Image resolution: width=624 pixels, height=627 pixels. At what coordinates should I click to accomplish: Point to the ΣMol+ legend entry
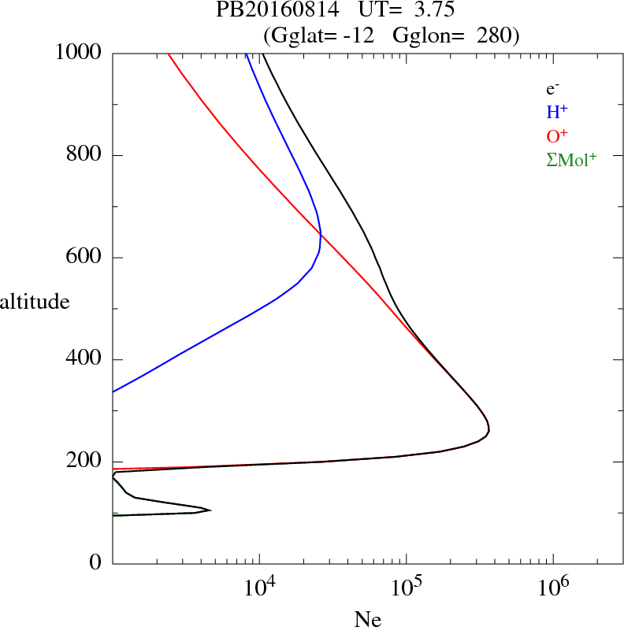click(571, 159)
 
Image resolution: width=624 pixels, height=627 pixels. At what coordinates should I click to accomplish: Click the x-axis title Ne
click(367, 619)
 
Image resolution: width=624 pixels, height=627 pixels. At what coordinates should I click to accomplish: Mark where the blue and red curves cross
click(321, 234)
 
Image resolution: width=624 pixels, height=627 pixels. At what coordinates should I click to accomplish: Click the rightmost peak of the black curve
click(489, 429)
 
